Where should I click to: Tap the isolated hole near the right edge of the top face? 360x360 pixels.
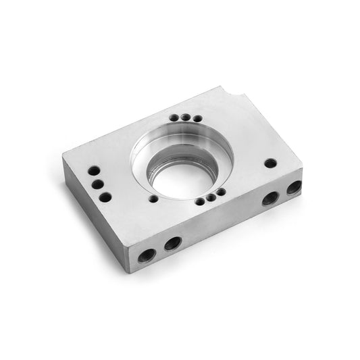coord(270,163)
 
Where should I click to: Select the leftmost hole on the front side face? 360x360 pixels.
coord(147,255)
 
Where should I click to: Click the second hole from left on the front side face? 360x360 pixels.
coord(173,243)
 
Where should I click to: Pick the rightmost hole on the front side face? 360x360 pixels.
coord(294,187)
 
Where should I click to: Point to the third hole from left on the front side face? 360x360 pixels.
coord(270,198)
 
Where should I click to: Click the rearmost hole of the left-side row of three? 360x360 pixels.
coord(94,170)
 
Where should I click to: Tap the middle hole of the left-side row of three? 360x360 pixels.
coord(98,184)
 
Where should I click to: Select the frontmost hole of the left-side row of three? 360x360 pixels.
coord(105,197)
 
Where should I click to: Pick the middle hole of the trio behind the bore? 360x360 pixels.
coord(185,118)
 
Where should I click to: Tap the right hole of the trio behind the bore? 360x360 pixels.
coord(197,119)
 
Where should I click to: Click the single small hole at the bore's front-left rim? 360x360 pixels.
coord(154,199)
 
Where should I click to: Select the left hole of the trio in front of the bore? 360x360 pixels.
coord(201,201)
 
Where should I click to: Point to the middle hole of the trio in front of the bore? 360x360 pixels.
coord(211,197)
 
